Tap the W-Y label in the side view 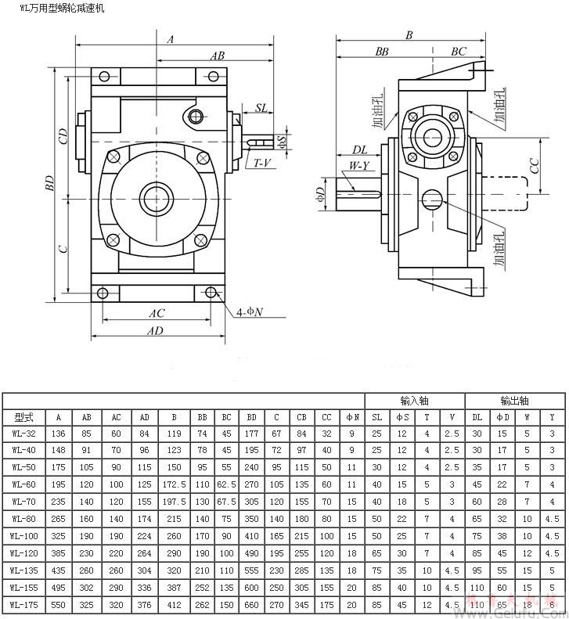pyautogui.click(x=358, y=166)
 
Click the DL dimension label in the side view pyautogui.click(x=359, y=149)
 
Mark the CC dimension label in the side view pyautogui.click(x=534, y=165)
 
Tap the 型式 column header pyautogui.click(x=23, y=417)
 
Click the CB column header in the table pyautogui.click(x=301, y=417)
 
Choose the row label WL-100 pyautogui.click(x=23, y=535)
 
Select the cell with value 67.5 pyautogui.click(x=225, y=501)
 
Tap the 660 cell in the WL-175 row pyautogui.click(x=251, y=604)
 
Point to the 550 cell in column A pyautogui.click(x=58, y=604)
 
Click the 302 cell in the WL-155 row pyautogui.click(x=87, y=587)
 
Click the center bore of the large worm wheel pyautogui.click(x=150, y=194)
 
